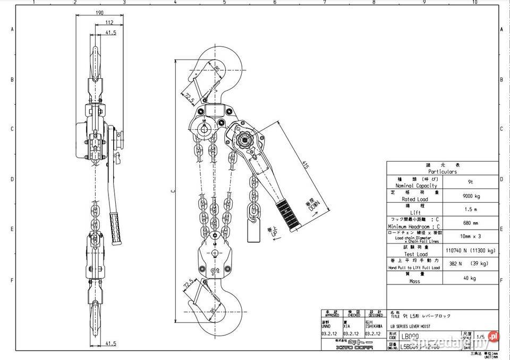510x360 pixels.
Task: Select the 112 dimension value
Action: pos(109,22)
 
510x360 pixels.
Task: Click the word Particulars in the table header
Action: pos(441,172)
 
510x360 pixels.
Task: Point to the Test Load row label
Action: pos(415,254)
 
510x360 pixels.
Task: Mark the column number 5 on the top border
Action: pos(224,3)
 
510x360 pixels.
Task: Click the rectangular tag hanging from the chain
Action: pos(253,232)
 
